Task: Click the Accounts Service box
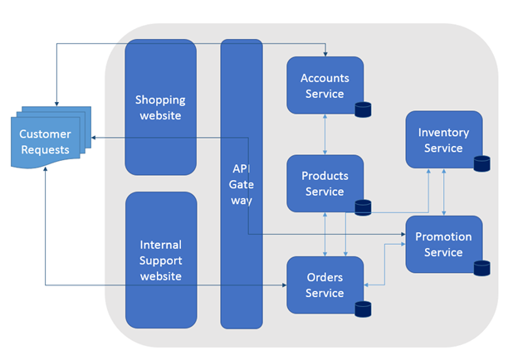(325, 85)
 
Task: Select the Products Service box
(325, 183)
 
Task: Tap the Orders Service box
(325, 285)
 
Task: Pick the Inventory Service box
(444, 139)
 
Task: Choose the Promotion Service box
(444, 244)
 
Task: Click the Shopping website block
(160, 107)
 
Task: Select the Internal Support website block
(161, 260)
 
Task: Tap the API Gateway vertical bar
(242, 184)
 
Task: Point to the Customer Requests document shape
(51, 137)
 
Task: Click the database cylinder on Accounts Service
(363, 109)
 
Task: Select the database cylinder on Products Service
(363, 207)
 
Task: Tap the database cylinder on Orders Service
(363, 309)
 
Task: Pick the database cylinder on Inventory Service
(482, 163)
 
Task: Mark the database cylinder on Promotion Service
(482, 268)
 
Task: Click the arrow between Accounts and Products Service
(325, 134)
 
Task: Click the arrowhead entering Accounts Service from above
(325, 54)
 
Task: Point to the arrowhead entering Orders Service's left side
(284, 285)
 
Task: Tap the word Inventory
(443, 133)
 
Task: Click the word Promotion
(443, 236)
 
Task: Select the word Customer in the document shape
(45, 134)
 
